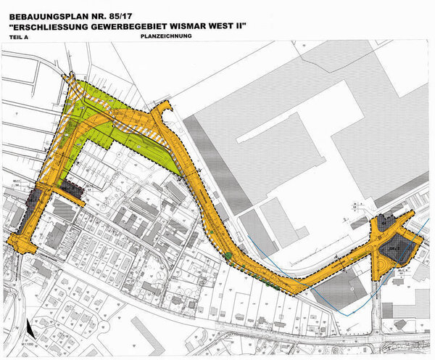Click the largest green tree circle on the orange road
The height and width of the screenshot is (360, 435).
pyautogui.click(x=227, y=255)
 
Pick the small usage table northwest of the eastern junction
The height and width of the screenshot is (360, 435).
pyautogui.click(x=357, y=206)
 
